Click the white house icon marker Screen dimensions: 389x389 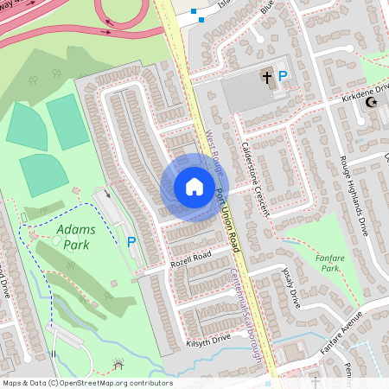click(194, 187)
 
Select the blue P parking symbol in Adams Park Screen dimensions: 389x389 click(131, 243)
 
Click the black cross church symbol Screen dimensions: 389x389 click(267, 78)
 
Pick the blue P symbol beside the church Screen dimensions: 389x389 click(283, 77)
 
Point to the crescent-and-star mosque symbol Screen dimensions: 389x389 click(372, 102)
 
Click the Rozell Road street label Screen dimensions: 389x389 click(190, 257)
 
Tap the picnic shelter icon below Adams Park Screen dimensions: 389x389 click(118, 365)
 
